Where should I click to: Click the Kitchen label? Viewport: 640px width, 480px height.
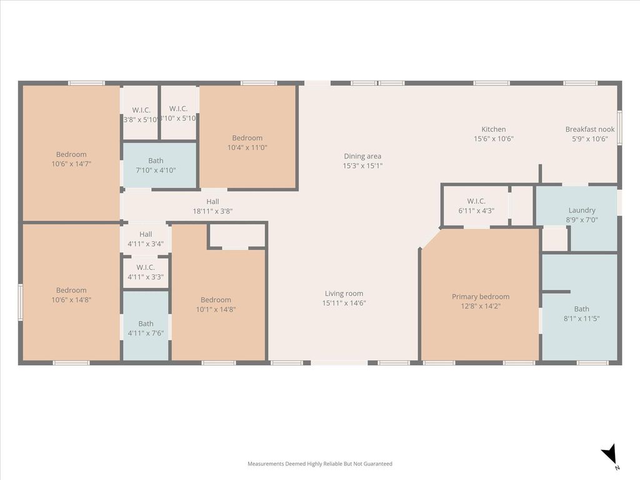pos(494,129)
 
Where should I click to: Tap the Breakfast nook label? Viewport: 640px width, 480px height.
pos(590,129)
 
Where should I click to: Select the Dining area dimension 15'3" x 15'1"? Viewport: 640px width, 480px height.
pos(362,166)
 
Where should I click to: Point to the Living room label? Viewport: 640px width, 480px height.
pos(344,294)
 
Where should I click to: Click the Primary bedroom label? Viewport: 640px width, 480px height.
pos(481,297)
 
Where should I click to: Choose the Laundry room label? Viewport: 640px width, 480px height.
pos(582,210)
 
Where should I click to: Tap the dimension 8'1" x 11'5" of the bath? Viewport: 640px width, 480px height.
pos(582,318)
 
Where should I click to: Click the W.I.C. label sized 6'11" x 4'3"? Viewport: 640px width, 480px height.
pos(476,201)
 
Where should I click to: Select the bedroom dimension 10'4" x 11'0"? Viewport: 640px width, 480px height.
pos(247,147)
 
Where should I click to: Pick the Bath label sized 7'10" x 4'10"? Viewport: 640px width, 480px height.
pos(156,161)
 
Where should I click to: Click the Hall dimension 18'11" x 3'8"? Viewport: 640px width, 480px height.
pos(212,211)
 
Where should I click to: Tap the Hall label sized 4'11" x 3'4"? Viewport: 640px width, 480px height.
pos(146,234)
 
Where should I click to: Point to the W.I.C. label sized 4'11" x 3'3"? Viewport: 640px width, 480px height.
pos(146,267)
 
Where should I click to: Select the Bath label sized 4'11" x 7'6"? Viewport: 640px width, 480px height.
pos(146,324)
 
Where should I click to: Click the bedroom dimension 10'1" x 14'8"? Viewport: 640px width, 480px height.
pos(216,309)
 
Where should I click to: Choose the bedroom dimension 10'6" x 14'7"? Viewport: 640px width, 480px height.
pos(71,164)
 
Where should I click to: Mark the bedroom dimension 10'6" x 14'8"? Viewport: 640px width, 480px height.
pos(71,299)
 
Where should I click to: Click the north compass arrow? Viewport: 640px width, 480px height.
pos(609,454)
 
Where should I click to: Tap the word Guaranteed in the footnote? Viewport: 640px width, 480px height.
pos(378,464)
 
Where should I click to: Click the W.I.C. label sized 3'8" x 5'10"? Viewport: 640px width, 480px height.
pos(141,110)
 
